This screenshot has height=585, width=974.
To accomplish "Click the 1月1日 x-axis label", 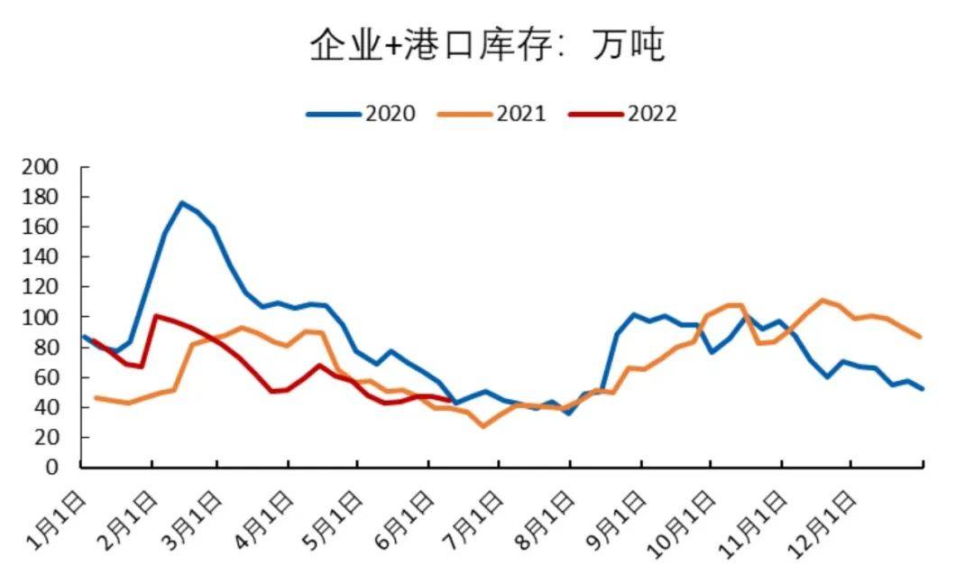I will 60,518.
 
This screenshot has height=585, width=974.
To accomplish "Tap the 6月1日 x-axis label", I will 410,518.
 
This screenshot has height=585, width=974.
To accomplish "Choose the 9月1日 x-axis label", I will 620,518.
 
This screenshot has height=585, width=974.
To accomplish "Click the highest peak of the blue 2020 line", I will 181,202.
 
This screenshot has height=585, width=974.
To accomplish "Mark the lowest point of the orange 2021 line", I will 483,426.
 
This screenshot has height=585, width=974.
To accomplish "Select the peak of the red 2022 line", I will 156,316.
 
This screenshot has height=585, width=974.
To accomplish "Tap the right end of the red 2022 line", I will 450,400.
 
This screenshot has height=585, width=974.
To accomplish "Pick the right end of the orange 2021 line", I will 920,337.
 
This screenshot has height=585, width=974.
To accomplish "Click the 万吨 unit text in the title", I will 629,44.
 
